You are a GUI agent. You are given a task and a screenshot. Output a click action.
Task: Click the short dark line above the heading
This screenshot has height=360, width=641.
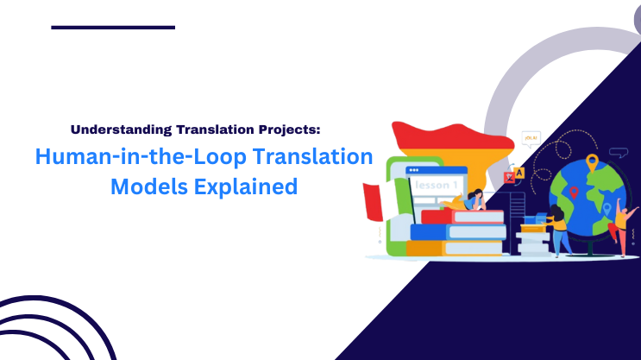(113, 27)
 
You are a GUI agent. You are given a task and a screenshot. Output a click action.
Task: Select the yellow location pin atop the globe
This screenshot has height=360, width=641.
(592, 161)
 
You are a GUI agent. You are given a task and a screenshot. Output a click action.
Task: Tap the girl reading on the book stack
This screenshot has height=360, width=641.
(474, 200)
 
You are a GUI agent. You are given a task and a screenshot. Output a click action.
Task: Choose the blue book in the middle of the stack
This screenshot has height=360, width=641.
(457, 231)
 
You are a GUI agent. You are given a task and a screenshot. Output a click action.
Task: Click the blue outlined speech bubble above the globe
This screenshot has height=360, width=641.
(618, 154)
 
